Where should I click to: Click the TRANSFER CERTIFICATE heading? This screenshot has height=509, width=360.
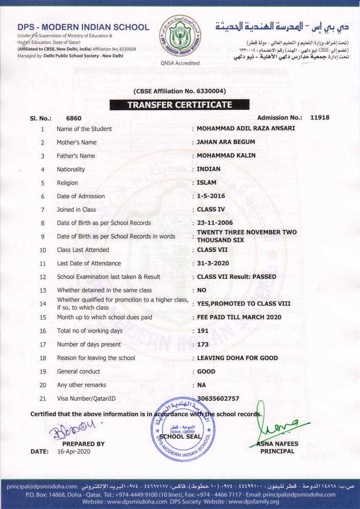pyautogui.click(x=179, y=104)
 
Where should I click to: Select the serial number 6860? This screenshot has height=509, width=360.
pyautogui.click(x=74, y=118)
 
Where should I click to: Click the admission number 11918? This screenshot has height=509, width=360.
pyautogui.click(x=320, y=118)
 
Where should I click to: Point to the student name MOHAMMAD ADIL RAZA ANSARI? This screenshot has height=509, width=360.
pyautogui.click(x=246, y=128)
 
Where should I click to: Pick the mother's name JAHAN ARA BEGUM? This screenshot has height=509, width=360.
pyautogui.click(x=226, y=142)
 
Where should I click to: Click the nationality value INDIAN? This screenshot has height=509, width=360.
pyautogui.click(x=209, y=169)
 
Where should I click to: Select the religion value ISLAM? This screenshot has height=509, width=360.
pyautogui.click(x=207, y=182)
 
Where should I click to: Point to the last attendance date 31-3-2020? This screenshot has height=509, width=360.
pyautogui.click(x=213, y=263)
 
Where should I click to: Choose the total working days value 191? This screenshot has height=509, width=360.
pyautogui.click(x=203, y=331)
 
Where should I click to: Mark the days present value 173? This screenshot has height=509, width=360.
pyautogui.click(x=203, y=344)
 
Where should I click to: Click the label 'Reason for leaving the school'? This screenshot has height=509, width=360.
pyautogui.click(x=96, y=358)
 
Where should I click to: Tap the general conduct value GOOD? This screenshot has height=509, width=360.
pyautogui.click(x=206, y=371)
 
